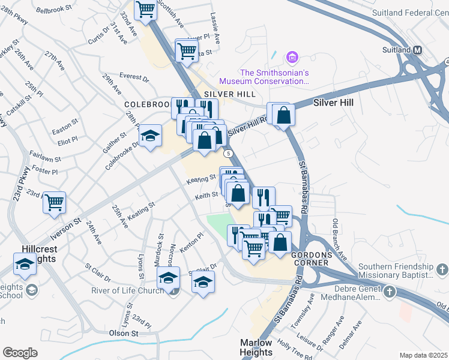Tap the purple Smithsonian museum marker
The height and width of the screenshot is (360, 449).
tap(292, 58)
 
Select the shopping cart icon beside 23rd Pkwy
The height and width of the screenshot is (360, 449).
tap(54, 202)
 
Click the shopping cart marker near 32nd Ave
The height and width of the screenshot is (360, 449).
tap(145, 10)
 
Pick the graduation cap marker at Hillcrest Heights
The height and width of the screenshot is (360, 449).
tap(25, 264)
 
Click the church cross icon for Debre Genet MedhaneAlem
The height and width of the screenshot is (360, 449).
tap(389, 292)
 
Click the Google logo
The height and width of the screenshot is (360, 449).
tap(20, 353)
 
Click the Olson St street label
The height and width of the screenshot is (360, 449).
tap(124, 333)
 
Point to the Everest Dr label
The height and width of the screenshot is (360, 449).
tap(134, 77)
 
